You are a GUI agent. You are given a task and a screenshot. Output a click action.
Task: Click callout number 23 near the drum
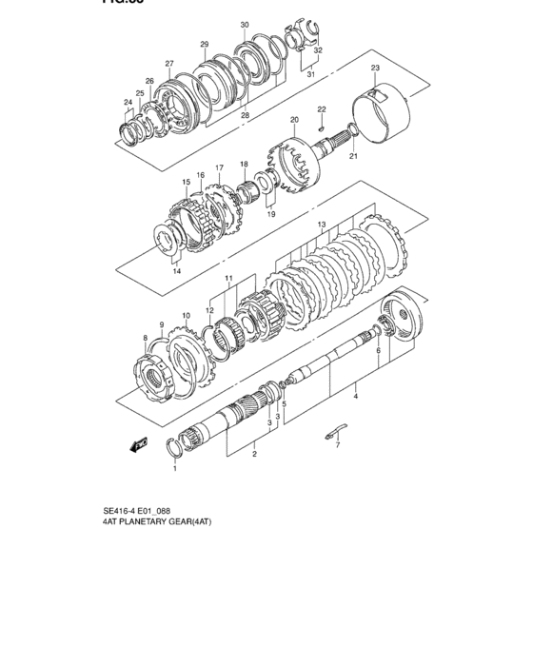point(375,69)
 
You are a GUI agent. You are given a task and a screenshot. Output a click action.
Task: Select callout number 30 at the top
point(245,25)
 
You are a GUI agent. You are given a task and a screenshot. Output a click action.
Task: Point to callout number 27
point(168,64)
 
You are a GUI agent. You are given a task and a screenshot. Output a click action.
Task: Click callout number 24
point(128,103)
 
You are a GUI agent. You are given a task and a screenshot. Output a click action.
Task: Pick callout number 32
point(318,50)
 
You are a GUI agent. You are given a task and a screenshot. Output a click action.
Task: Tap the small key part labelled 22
point(324,127)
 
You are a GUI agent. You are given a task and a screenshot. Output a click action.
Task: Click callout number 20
point(294,120)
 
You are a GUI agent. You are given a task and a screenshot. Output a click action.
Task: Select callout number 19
point(271,215)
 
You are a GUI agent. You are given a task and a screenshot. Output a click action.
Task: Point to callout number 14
point(176,271)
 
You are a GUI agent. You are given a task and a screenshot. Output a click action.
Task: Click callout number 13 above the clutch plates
point(322,225)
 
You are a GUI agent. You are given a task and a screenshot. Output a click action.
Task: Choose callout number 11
point(228,279)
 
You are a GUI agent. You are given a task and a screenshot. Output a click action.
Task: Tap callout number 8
point(145,338)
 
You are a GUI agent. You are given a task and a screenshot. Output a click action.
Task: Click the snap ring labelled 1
point(175,447)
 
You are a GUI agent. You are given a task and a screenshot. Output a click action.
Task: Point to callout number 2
point(254,455)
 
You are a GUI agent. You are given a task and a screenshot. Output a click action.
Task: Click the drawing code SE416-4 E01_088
point(147,510)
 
